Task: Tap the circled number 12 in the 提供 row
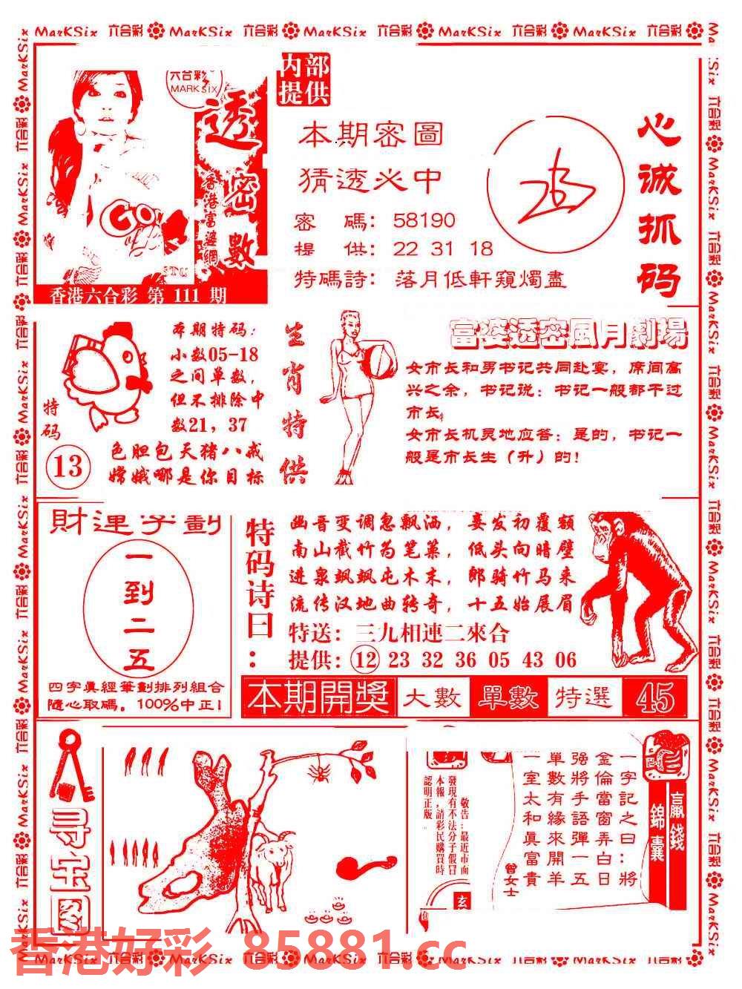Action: coord(367,660)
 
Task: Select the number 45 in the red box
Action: coord(654,697)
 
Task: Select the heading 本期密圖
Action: coord(371,134)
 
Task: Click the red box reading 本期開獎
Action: coord(320,697)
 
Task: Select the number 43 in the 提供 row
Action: coord(533,660)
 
